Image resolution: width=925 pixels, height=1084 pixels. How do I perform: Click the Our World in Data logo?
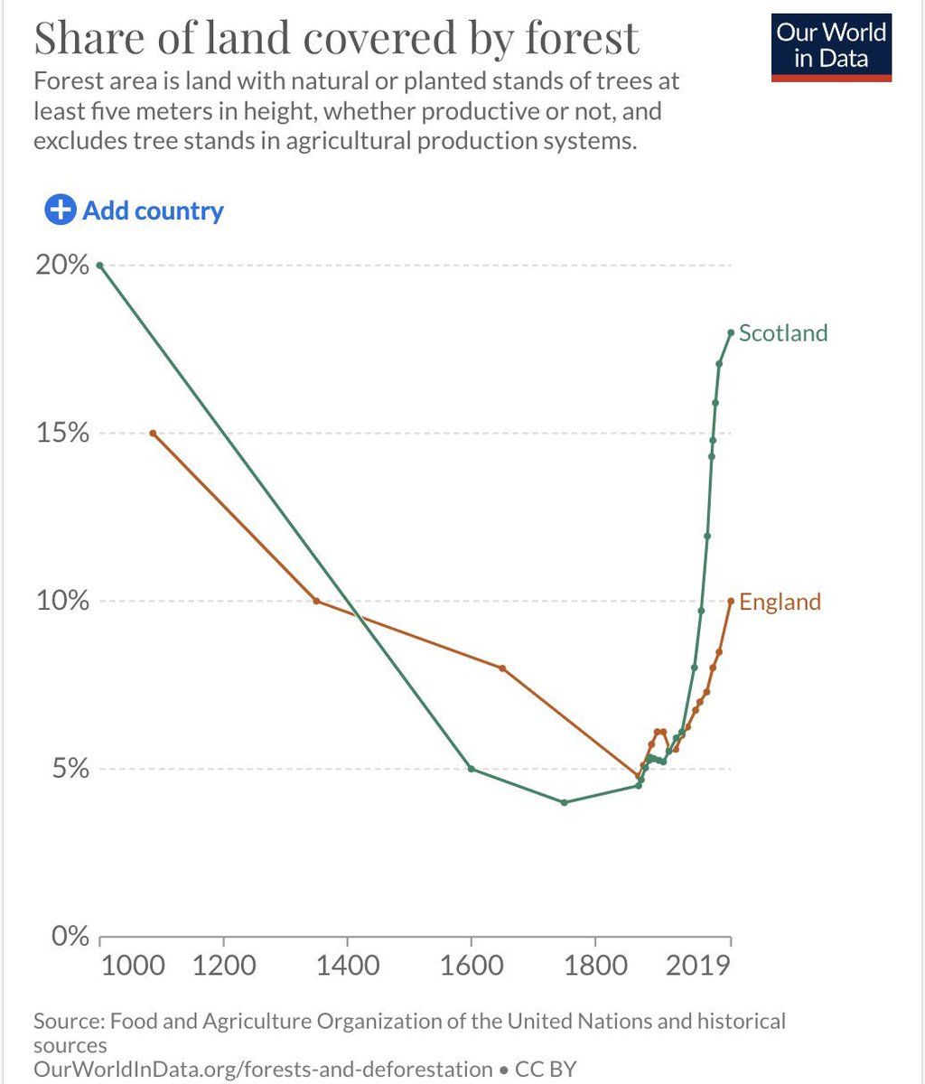(x=832, y=47)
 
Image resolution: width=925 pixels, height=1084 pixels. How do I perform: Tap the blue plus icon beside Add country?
(x=60, y=210)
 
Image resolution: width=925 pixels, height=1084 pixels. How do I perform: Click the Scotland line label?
(x=782, y=333)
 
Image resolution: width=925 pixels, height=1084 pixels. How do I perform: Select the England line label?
(x=780, y=602)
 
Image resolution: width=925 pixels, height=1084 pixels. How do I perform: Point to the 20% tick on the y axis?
(x=62, y=266)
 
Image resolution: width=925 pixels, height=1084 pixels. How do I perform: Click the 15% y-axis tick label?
(x=62, y=433)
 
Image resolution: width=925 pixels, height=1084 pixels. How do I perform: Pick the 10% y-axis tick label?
(x=62, y=601)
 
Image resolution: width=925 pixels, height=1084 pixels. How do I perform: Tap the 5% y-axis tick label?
(x=70, y=769)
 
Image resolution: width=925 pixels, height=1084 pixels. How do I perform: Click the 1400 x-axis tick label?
(x=347, y=965)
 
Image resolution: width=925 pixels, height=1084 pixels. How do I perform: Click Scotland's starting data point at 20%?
(x=99, y=266)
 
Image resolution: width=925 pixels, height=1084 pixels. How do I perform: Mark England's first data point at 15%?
(x=153, y=434)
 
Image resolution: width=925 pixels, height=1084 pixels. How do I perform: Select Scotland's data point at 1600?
(x=471, y=769)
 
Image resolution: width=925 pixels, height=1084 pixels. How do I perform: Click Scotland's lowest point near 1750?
(x=564, y=802)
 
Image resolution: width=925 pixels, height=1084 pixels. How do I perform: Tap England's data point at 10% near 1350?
(x=316, y=601)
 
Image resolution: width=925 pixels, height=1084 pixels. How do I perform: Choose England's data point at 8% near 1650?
(x=502, y=668)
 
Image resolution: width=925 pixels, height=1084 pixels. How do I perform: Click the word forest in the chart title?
(x=583, y=38)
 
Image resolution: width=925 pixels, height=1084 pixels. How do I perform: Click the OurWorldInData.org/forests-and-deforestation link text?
(x=263, y=1070)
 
